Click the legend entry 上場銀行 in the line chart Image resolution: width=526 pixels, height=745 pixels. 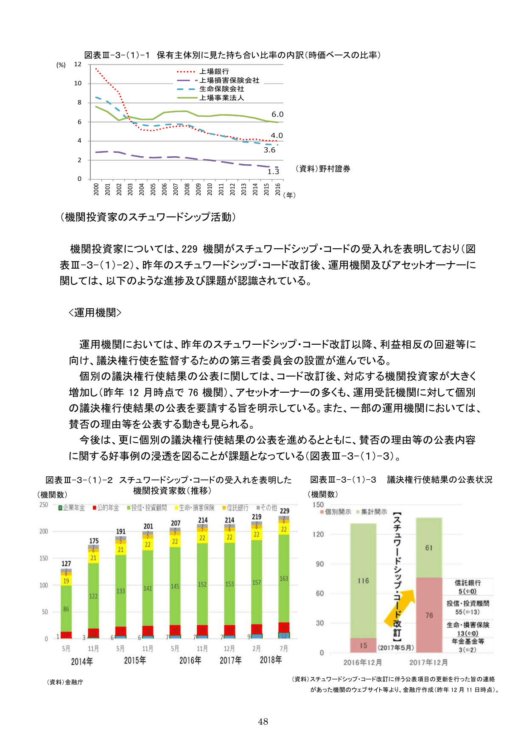coord(214,72)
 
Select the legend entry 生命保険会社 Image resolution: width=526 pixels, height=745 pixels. coord(221,89)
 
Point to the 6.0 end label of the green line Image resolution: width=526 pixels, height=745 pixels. coord(277,115)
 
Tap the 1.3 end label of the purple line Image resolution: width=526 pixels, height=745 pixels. coord(273,171)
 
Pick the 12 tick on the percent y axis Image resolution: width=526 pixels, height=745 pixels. coord(78,65)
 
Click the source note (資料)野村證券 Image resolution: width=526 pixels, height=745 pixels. coord(323,169)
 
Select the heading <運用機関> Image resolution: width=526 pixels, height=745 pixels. coord(95,313)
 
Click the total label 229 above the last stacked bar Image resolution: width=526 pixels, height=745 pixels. coord(285,511)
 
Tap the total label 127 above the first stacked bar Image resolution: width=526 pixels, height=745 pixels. coord(66,564)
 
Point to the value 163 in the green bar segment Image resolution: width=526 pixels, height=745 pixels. coord(284,579)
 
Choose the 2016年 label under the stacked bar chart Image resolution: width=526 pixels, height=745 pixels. coord(190,661)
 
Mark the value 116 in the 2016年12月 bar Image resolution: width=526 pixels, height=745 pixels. coord(363,581)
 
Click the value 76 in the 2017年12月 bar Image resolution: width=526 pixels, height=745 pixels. coord(429,616)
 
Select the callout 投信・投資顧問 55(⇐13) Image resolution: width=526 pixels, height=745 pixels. coord(467,607)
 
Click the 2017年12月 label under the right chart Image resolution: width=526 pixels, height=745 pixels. coord(428,662)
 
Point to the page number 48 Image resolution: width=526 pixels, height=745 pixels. coord(263,722)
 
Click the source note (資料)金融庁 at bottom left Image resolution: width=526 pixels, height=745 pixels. coord(65,682)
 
